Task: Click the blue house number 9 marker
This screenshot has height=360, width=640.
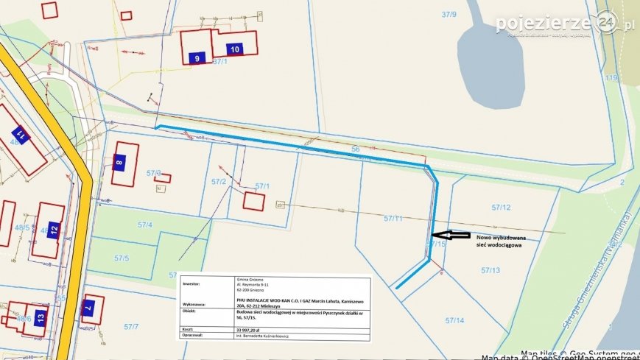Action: tap(197, 57)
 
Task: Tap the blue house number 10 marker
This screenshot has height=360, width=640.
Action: tap(235, 49)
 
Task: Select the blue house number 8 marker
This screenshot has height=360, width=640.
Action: tap(119, 161)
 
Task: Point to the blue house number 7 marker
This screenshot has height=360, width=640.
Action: tap(88, 307)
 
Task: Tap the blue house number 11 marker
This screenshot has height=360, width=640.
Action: tap(21, 135)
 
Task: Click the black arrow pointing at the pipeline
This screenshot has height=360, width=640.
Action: tap(450, 236)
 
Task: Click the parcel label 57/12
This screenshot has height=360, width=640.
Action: tap(501, 208)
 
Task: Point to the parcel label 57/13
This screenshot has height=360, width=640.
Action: tap(490, 271)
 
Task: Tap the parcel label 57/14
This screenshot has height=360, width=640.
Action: tap(454, 320)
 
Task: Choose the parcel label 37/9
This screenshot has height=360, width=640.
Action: tap(449, 14)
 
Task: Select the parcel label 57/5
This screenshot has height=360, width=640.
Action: tap(122, 258)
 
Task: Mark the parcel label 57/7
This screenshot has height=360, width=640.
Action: tap(131, 326)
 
